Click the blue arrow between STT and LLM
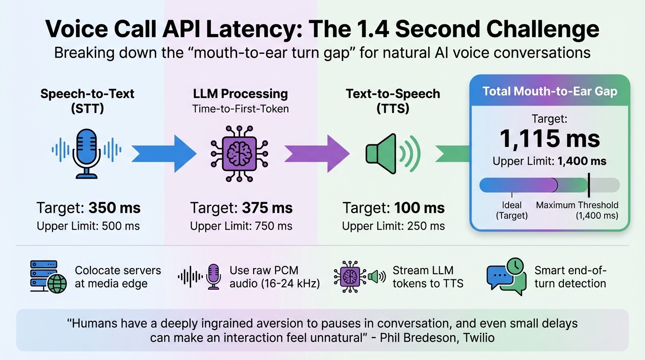[x=164, y=153]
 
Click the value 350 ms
[x=114, y=208]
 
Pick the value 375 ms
[x=267, y=208]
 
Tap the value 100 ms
[x=419, y=208]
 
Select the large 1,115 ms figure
[x=549, y=138]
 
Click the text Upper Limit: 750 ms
[x=241, y=226]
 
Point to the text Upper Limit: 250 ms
[x=393, y=226]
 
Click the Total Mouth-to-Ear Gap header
[x=549, y=91]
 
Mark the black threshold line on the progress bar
[x=589, y=185]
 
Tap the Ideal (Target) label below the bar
[x=512, y=210]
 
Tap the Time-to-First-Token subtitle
[x=240, y=109]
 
